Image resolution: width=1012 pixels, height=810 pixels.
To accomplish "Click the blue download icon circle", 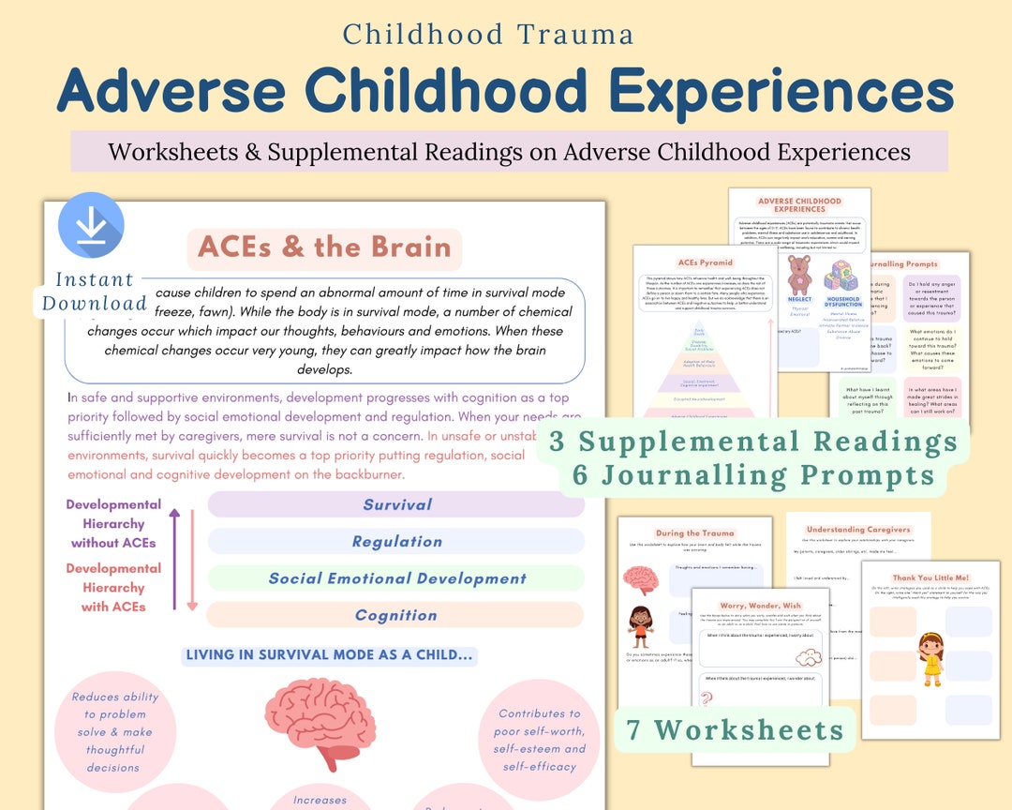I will coord(91,225).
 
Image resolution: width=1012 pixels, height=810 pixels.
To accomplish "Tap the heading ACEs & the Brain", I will coord(324,247).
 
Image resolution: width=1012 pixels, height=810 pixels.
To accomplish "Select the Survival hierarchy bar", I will coord(396,504).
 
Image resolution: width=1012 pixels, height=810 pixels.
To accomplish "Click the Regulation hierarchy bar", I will coord(396,541).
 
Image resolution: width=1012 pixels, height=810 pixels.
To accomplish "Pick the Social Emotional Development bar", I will coord(396,578).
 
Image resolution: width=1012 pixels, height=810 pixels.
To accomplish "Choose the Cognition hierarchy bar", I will coord(396,615).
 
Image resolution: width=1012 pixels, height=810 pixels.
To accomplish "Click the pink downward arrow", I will coord(192,561).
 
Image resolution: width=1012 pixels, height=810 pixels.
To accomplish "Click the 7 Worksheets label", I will coord(735,728).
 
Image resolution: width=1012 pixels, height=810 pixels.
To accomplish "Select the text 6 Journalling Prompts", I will coord(753,475).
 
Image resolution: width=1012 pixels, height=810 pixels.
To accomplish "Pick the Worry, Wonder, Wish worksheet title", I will coord(760,606).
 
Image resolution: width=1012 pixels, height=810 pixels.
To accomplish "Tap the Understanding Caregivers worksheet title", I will coord(857,530).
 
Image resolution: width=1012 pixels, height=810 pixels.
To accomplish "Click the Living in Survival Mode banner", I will coord(329,655).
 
